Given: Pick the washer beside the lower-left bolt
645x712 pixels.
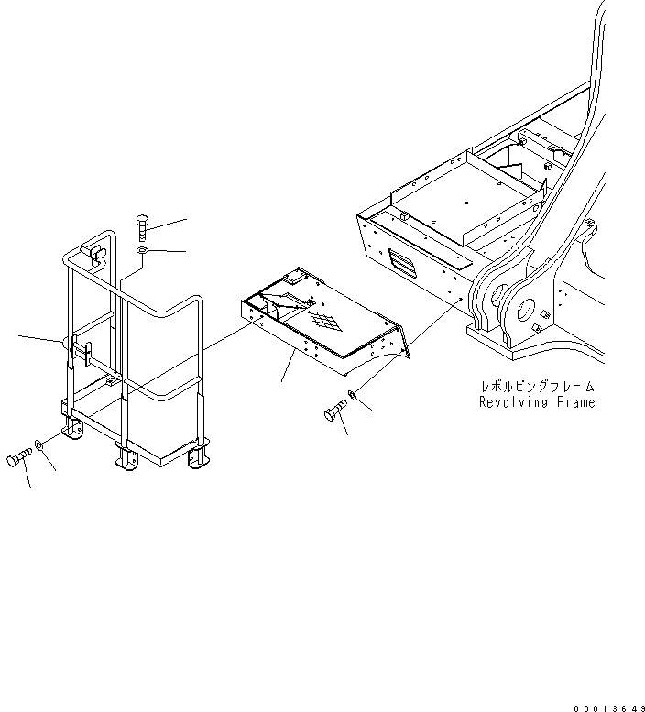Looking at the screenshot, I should point(39,445).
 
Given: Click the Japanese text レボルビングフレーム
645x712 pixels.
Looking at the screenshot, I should point(538,388).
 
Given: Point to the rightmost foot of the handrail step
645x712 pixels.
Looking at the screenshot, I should point(197,456).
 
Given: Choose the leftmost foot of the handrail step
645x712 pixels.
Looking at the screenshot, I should point(68,431).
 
